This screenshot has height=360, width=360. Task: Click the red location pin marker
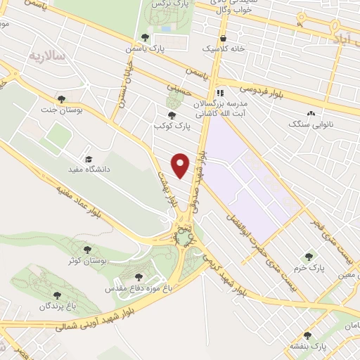pos(181,165)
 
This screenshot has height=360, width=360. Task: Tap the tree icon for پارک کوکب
pos(171,115)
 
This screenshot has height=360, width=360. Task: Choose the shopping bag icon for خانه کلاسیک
pos(224,38)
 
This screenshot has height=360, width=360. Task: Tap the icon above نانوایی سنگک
pos(309,113)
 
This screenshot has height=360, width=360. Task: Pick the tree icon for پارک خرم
pos(308,257)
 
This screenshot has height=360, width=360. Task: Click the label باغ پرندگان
pos(57,307)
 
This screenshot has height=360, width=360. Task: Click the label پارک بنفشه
pos(312,347)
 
